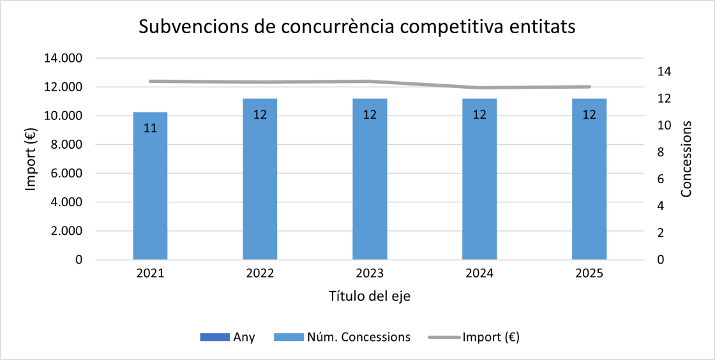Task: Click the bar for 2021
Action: [x=150, y=191]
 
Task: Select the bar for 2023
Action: [x=370, y=185]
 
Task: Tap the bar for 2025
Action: [x=589, y=185]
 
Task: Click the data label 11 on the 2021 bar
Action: [x=150, y=128]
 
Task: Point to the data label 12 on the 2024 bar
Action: [x=479, y=116]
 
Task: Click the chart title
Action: [x=357, y=27]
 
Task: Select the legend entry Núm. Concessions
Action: [x=342, y=337]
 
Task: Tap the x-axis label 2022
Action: [x=260, y=274]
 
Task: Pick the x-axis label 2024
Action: [x=479, y=274]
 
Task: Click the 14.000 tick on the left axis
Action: [x=63, y=58]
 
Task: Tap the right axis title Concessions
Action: [x=688, y=160]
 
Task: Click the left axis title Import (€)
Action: [x=31, y=160]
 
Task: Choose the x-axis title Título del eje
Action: [x=369, y=296]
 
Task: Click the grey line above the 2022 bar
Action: [x=260, y=82]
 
